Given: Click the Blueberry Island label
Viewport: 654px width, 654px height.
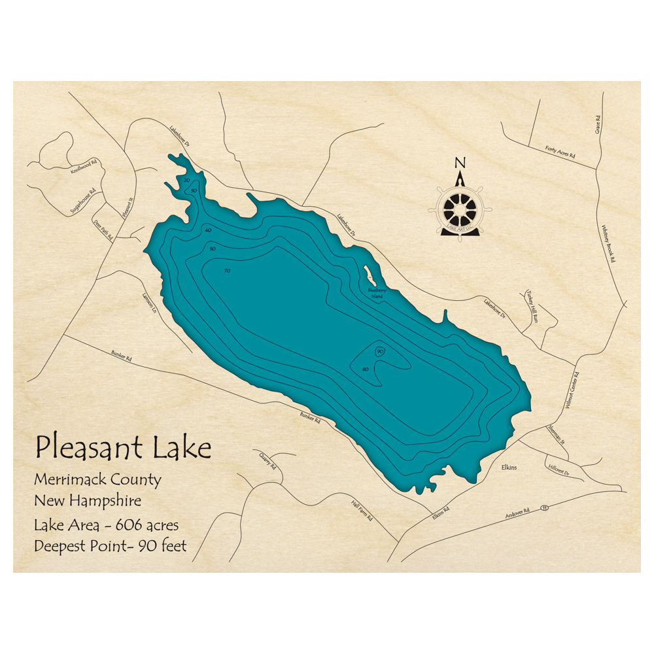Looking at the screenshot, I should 377,292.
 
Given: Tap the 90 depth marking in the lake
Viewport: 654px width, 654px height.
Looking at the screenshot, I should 380,352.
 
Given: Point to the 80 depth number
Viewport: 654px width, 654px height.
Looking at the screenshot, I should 365,370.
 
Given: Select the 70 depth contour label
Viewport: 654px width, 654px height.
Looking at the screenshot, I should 227,270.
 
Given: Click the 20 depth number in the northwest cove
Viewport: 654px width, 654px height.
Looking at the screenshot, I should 187,180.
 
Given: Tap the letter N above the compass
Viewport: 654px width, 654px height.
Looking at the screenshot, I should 460,163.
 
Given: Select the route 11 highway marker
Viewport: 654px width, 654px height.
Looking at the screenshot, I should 544,507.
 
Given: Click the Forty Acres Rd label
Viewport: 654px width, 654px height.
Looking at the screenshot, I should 560,152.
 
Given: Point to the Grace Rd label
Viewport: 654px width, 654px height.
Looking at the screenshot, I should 597,122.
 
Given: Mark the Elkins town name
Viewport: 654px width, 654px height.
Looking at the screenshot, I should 510,468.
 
